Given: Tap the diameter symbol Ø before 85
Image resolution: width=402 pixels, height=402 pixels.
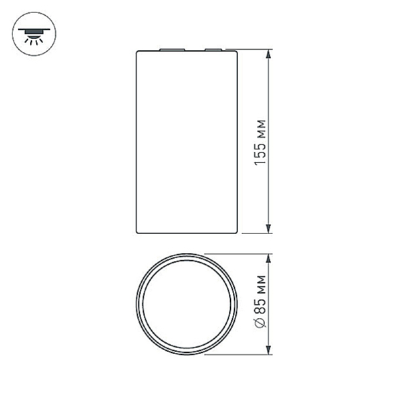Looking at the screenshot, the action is (261, 322).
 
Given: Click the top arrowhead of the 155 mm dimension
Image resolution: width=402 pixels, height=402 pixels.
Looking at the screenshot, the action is (269, 54).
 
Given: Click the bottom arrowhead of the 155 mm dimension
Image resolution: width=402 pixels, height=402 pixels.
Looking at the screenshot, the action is (269, 228).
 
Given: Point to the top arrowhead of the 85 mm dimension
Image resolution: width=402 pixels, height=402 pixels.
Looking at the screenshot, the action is (269, 259).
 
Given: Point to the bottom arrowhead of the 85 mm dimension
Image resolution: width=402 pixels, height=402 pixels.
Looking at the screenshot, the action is (269, 350).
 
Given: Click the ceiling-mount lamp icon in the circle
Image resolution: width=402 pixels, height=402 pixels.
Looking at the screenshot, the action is (34, 34).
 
